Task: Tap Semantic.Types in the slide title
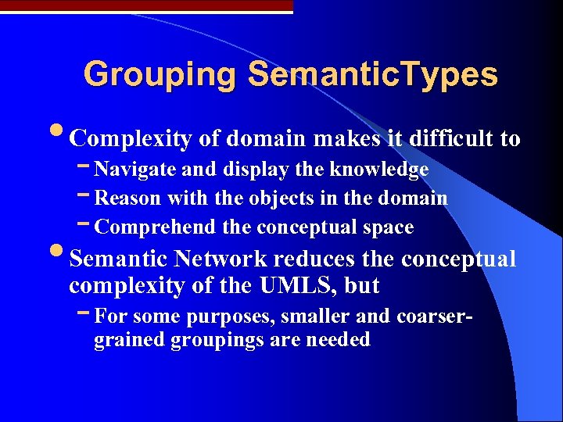click(x=372, y=75)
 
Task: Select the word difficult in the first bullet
click(x=454, y=139)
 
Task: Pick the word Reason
click(x=127, y=198)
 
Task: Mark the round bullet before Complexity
click(x=60, y=136)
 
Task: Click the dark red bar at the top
click(x=146, y=5)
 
